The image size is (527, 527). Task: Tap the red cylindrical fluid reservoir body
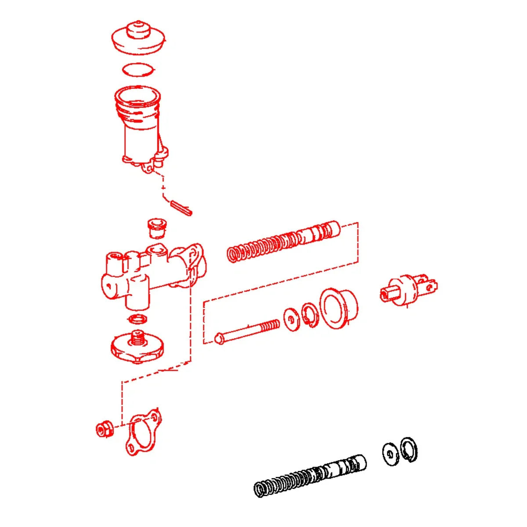[140, 127]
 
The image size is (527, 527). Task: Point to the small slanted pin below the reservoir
[181, 208]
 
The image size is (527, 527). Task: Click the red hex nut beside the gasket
[105, 429]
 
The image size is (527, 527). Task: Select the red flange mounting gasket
[141, 432]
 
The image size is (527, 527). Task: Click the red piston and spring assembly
[284, 242]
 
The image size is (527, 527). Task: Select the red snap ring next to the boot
[310, 315]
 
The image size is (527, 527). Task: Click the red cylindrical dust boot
[339, 308]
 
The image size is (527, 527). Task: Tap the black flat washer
[390, 453]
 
